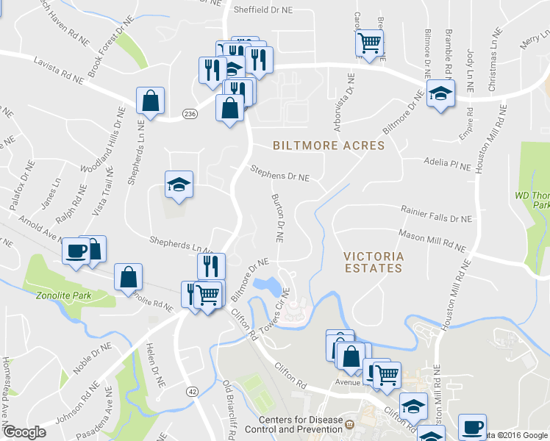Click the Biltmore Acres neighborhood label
coord(329,146)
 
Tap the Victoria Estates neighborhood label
coord(373,262)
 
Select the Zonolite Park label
coord(63,295)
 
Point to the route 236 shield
coord(190,114)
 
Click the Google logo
coord(24,432)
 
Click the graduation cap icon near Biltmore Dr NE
coord(441,93)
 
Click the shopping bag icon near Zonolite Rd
coord(129,277)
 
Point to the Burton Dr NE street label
coord(277,219)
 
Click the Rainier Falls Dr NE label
coord(436,218)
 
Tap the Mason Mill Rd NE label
coord(432,240)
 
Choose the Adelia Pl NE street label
coord(446,163)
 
